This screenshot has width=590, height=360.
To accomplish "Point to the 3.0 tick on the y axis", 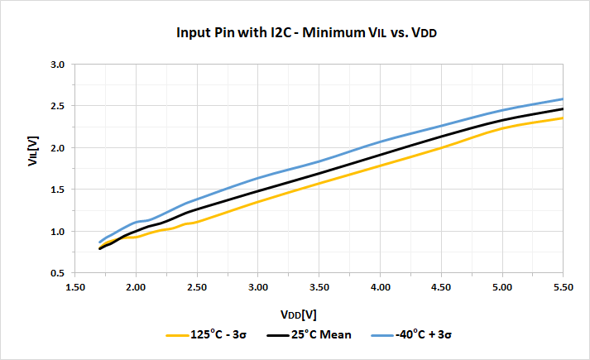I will click(57, 65).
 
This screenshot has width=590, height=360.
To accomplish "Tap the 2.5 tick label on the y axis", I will click(57, 106).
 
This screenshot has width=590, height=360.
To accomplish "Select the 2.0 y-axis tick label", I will click(57, 148).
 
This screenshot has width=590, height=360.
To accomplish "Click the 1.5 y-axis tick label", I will click(57, 190).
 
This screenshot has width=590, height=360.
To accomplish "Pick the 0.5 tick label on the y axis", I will click(57, 273).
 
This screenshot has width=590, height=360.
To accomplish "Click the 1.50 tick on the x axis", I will click(74, 288).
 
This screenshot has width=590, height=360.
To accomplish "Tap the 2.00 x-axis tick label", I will click(136, 288).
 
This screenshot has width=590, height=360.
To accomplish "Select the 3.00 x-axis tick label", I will click(257, 288).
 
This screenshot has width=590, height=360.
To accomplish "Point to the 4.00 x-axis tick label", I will click(380, 288).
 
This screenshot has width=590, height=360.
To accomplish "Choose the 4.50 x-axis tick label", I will click(441, 288).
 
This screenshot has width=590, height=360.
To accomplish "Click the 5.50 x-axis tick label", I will click(563, 288).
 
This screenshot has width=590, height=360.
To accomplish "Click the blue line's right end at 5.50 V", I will click(563, 99).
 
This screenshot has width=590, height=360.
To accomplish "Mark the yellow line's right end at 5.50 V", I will click(563, 118).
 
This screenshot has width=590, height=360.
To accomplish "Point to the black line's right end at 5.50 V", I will click(563, 109).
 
